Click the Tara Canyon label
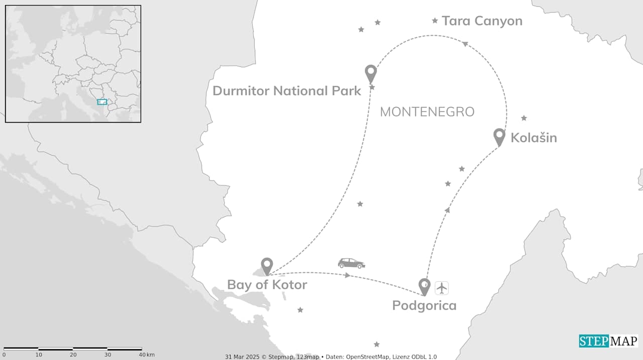[482, 21]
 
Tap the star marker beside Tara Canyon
[435, 21]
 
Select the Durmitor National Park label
[287, 91]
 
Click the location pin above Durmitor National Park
[371, 73]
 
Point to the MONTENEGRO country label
[427, 111]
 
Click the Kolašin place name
[533, 138]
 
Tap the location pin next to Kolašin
[499, 136]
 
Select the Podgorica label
[424, 305]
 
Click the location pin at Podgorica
[424, 286]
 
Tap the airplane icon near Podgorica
[442, 288]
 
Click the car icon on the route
[351, 263]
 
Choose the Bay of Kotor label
[267, 285]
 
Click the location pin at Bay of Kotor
[267, 266]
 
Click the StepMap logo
[608, 341]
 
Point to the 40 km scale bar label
[147, 355]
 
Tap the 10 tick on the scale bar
[39, 355]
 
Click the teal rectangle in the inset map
[102, 102]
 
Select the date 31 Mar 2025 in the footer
[241, 357]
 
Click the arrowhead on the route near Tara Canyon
[465, 44]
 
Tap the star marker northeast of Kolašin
[524, 118]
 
